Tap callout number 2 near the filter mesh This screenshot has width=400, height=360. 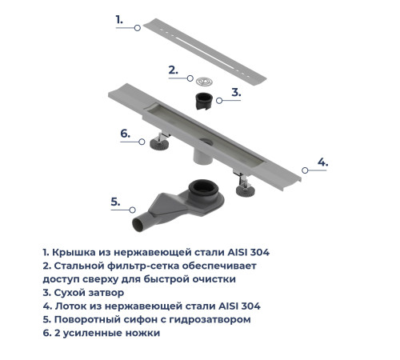[x=172, y=70]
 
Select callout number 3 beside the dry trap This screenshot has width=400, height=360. [x=236, y=92]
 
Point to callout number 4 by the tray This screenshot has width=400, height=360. [x=322, y=162]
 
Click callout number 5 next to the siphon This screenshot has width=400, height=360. [x=115, y=201]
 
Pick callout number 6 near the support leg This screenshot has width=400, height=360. [x=125, y=133]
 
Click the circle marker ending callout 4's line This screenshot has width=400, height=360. [x=304, y=170]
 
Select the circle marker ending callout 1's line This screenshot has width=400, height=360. [x=138, y=28]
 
